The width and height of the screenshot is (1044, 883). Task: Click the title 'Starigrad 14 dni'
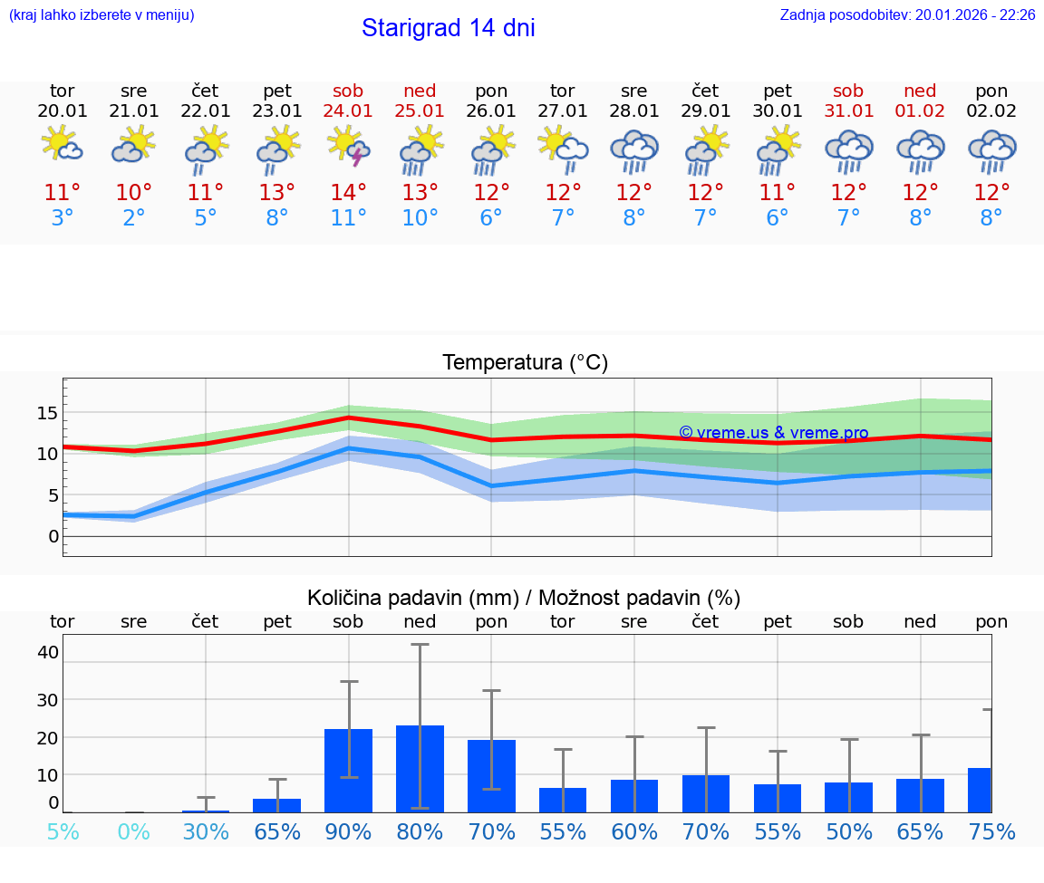(x=448, y=28)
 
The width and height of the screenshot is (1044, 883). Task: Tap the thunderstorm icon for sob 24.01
(x=349, y=148)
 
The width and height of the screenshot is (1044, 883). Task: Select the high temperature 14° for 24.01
(x=348, y=193)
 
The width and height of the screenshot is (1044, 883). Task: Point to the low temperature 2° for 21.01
(x=134, y=218)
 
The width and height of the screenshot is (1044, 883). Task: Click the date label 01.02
(x=920, y=111)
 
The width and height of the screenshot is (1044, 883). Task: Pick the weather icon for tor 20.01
(x=62, y=145)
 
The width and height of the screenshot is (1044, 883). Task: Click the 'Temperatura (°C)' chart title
(x=525, y=363)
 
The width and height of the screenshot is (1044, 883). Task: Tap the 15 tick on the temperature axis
(x=47, y=413)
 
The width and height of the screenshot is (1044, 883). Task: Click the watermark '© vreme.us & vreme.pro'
(x=773, y=433)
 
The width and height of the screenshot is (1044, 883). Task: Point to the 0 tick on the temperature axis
(x=53, y=536)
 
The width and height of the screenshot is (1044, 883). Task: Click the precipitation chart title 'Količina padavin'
(x=524, y=598)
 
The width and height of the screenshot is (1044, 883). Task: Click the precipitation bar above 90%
(x=348, y=770)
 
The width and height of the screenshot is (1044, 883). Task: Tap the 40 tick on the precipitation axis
(x=48, y=652)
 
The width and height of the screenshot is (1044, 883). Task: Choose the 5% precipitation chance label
(x=63, y=831)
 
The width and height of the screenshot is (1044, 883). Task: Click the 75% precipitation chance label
(x=991, y=831)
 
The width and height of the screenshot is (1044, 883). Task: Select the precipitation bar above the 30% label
(x=206, y=811)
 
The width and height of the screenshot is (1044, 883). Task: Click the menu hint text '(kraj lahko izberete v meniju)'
(x=101, y=14)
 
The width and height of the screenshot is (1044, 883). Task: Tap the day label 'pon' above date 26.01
(x=491, y=91)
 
